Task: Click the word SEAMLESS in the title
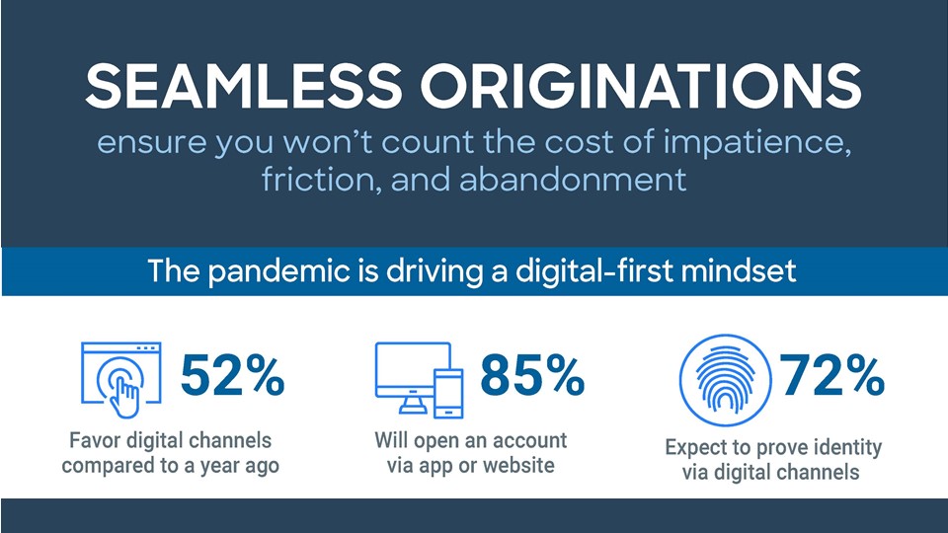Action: click(x=244, y=86)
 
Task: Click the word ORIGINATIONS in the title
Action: click(x=641, y=86)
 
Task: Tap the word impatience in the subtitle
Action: click(x=757, y=143)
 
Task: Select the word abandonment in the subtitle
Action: click(x=573, y=180)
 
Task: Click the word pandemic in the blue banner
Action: click(x=279, y=271)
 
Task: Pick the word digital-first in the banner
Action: click(x=594, y=271)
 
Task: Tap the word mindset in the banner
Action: click(x=739, y=270)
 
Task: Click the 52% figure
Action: click(x=233, y=375)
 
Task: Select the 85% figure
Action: click(x=532, y=375)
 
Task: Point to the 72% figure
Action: click(x=832, y=375)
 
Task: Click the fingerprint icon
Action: click(x=725, y=380)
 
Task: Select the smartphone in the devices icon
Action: click(x=448, y=394)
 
